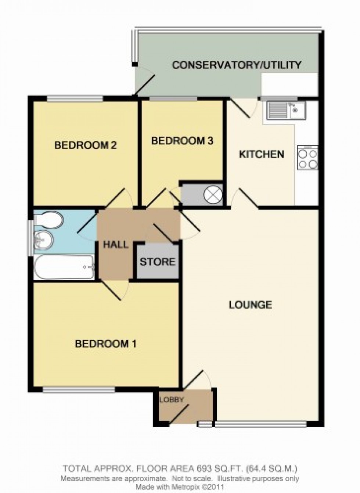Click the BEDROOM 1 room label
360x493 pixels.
(106, 343)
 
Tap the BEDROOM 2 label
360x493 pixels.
(86, 145)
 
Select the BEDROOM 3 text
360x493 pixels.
(183, 141)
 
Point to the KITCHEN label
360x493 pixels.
(262, 154)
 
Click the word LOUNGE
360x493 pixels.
(251, 305)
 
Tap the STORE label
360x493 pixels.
(158, 262)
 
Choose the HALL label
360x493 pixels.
(116, 245)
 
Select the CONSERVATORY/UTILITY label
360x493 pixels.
(236, 65)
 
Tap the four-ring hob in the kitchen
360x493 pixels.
(307, 157)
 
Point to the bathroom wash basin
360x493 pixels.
(44, 240)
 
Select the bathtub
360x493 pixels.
(64, 267)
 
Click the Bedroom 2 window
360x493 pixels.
(75, 98)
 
